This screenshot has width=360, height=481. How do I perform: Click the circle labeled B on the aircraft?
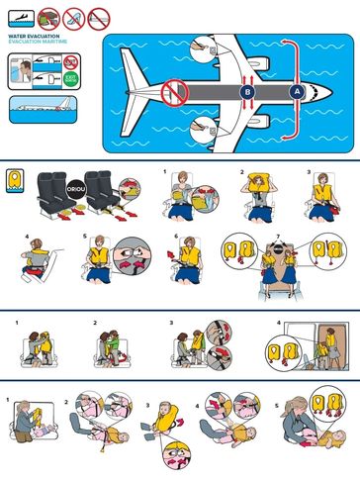point(246,91)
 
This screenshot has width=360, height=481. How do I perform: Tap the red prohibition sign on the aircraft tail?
point(175,92)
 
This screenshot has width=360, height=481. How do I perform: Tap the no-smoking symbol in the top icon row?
point(73,17)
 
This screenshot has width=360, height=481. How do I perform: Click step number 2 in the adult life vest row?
point(240,172)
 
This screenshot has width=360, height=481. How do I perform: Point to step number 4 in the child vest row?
point(279,323)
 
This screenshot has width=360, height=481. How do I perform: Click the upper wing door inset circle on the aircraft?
point(204,47)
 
